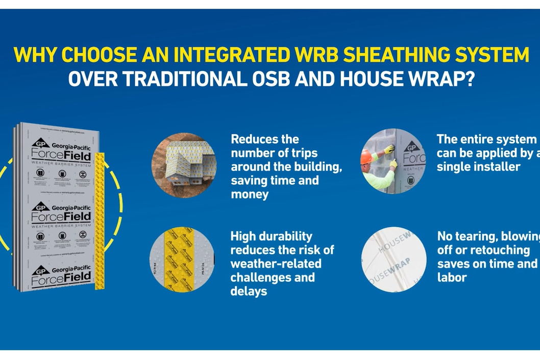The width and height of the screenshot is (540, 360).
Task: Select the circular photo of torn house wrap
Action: (x=394, y=259)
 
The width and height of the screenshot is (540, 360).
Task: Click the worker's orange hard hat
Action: (x=366, y=157)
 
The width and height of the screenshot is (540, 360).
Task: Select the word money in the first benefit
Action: (x=250, y=195)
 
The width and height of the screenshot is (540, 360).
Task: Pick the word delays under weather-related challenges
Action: (x=249, y=292)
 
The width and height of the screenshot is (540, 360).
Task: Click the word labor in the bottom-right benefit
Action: (x=452, y=278)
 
